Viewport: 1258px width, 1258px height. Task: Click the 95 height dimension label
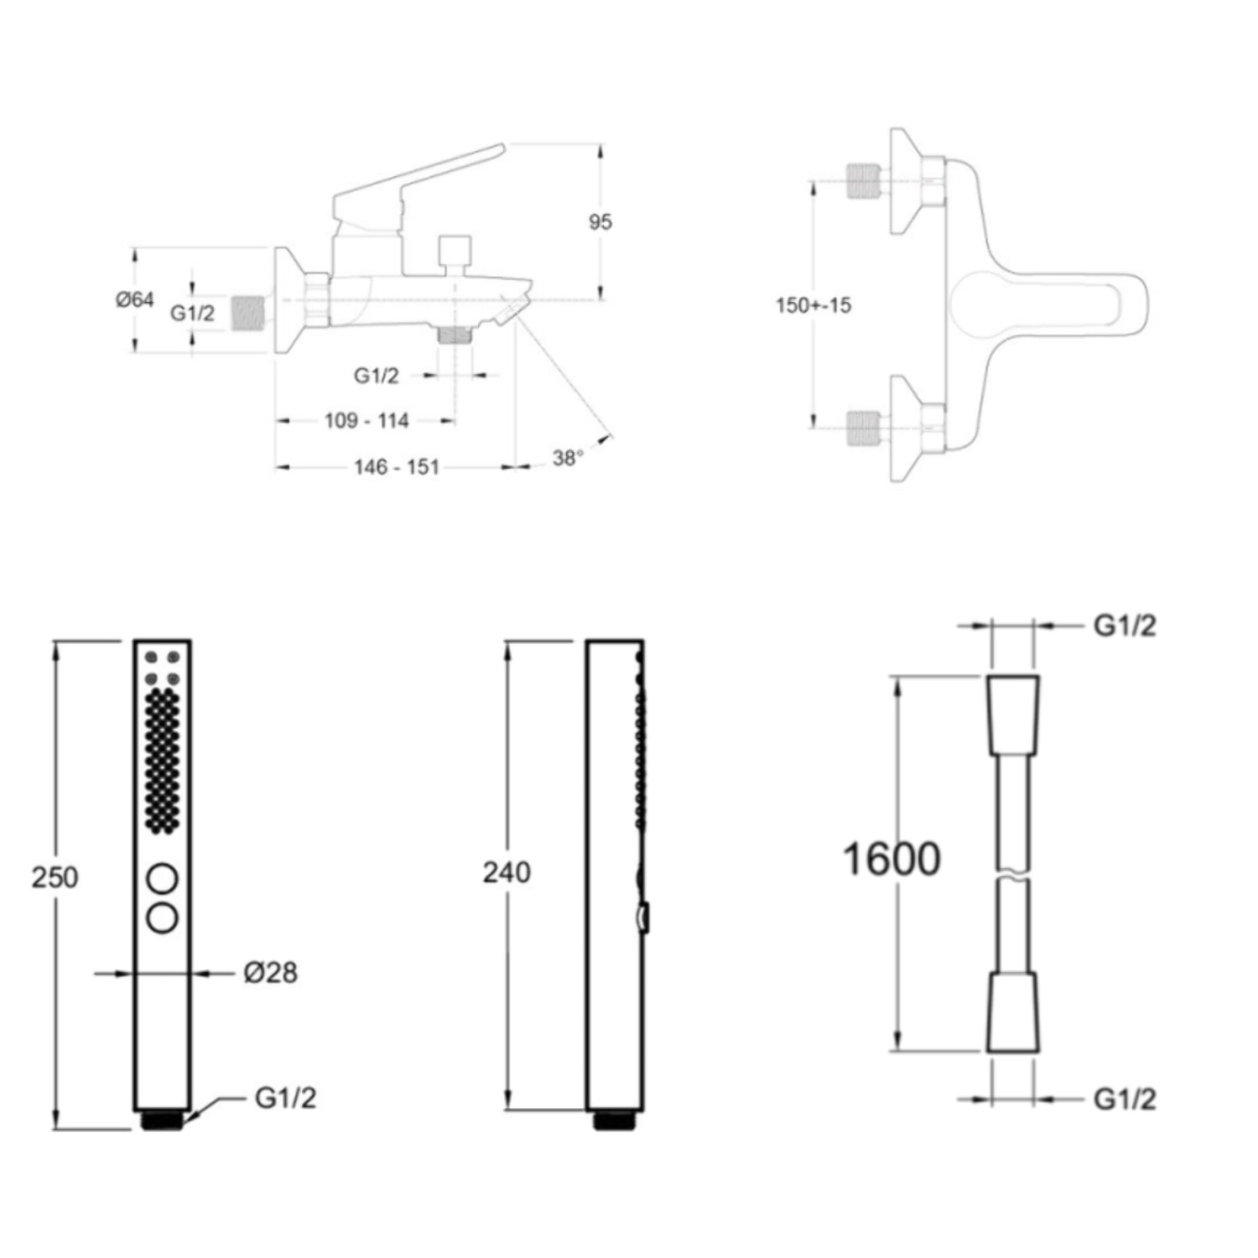tap(600, 222)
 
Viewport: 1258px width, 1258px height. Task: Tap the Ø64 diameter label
tap(134, 299)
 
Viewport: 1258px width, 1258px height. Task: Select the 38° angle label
tap(567, 458)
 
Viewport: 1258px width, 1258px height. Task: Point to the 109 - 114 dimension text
tap(366, 420)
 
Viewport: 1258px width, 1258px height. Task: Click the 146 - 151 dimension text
tap(397, 466)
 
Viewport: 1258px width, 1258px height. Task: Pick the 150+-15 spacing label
tap(813, 305)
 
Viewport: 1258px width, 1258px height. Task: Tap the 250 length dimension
tap(55, 877)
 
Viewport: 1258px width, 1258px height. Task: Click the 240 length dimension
tap(507, 872)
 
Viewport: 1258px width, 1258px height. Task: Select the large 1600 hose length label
tap(891, 859)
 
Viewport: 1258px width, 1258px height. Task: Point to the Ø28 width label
tap(270, 973)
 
